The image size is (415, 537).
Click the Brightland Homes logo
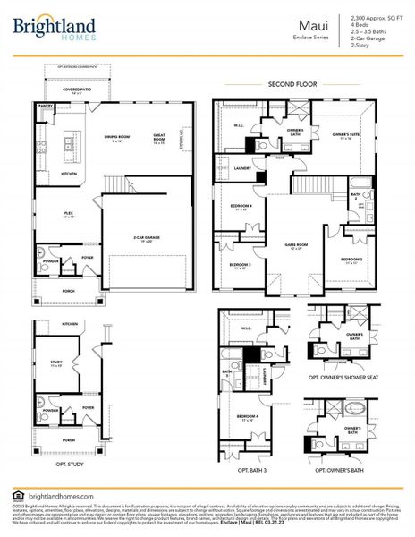49,30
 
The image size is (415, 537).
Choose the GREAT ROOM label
159,139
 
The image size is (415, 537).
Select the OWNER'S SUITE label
345,135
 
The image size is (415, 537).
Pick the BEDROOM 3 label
239,265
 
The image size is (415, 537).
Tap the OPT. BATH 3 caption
252,470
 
